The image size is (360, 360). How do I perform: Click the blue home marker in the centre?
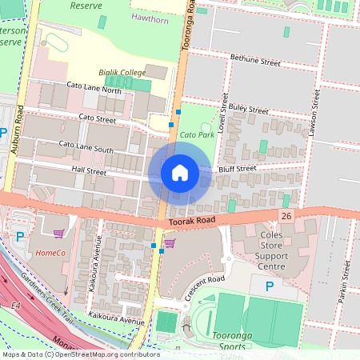point(179,172)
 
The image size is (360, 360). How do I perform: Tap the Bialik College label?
point(122,73)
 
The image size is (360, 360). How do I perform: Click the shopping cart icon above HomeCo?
point(58,234)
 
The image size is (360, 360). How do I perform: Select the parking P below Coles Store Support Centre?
point(270,286)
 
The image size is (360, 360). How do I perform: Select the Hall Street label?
point(89,170)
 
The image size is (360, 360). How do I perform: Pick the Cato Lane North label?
point(94,90)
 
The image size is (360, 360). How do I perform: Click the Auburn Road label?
point(17,128)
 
